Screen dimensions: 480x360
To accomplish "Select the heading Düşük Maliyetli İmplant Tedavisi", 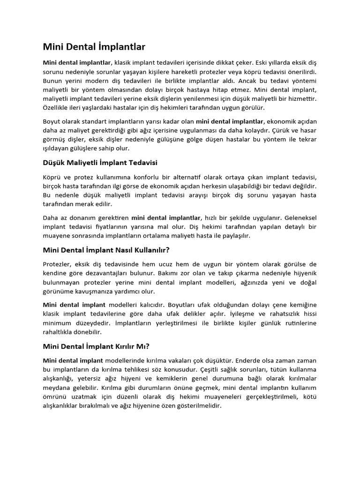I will (x=100, y=162).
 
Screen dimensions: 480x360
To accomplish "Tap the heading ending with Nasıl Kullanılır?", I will (x=106, y=250).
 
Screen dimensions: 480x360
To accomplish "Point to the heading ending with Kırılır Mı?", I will (x=96, y=346).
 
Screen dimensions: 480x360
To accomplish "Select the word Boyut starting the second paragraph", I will (x=53, y=121).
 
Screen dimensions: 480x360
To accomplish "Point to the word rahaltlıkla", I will (x=60, y=332).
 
